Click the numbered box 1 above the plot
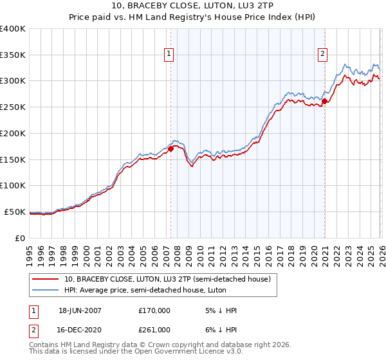coord(169,55)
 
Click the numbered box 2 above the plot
coord(322,55)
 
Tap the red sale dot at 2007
coord(170,148)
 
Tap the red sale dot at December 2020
coord(325,100)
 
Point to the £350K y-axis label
coord(13,55)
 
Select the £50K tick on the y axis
coord(15,212)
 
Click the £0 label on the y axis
coord(20,238)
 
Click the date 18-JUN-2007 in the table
coord(80,310)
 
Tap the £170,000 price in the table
coord(154,310)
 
